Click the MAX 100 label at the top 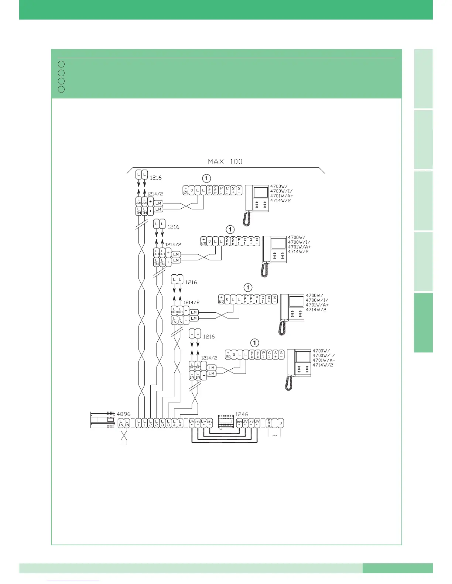(x=225, y=161)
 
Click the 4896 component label (x=123, y=414)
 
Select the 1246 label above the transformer (x=242, y=414)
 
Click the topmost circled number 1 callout (x=206, y=178)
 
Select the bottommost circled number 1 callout (x=255, y=342)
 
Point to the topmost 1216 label (x=155, y=177)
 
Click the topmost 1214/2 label (x=155, y=194)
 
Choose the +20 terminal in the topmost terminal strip (x=186, y=190)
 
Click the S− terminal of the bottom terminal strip (x=281, y=354)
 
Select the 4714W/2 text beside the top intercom (x=281, y=201)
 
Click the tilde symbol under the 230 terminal (x=275, y=435)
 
